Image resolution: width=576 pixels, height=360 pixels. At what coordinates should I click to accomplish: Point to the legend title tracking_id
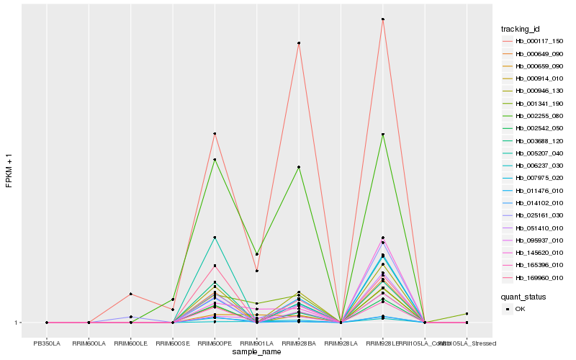[x=521, y=29]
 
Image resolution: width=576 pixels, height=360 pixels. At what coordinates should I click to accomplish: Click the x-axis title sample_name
[x=256, y=352]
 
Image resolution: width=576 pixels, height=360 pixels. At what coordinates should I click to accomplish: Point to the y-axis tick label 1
[x=17, y=323]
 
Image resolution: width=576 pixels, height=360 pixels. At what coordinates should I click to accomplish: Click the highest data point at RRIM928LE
[x=383, y=19]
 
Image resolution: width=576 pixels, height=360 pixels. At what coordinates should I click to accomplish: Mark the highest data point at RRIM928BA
[x=298, y=43]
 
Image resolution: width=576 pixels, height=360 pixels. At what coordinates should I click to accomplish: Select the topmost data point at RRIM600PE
[x=215, y=134]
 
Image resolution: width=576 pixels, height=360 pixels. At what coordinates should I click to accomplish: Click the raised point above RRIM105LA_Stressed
[x=467, y=314]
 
